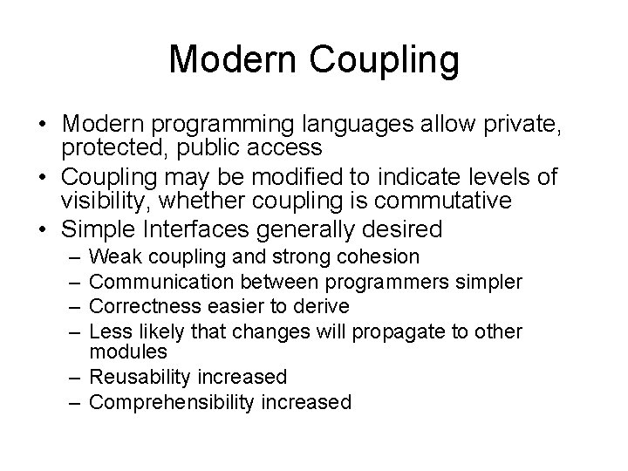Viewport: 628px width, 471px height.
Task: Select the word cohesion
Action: tap(375, 257)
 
